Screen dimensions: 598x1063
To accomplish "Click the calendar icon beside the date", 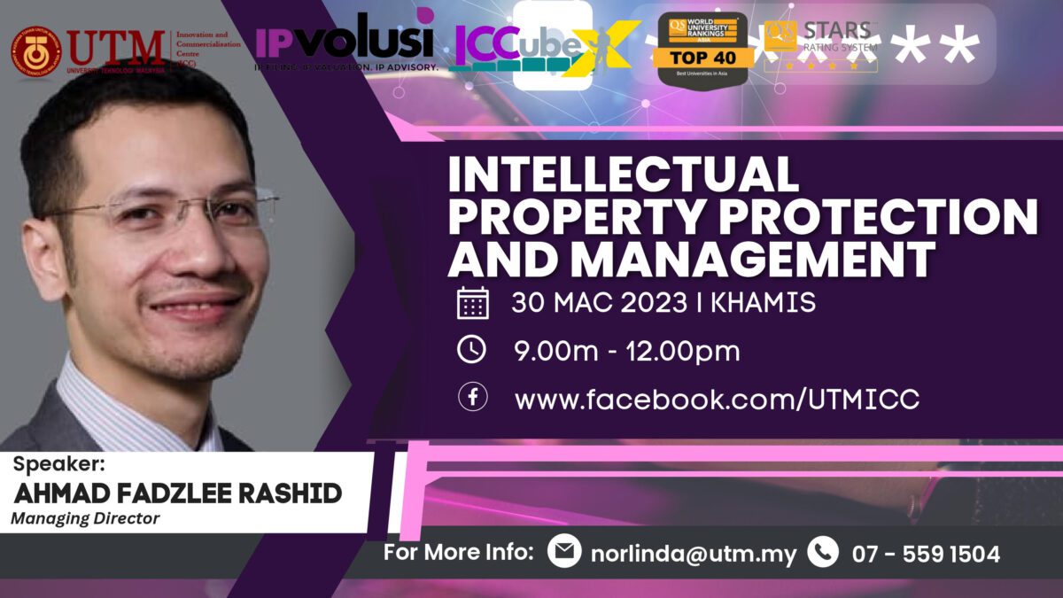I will pyautogui.click(x=472, y=305).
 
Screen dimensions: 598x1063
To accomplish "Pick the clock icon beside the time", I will pyautogui.click(x=472, y=350).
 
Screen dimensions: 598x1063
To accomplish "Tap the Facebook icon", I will pyautogui.click(x=472, y=397).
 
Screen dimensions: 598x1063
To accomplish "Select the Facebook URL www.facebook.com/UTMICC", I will pyautogui.click(x=717, y=399).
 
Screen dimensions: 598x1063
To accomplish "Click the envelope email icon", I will pyautogui.click(x=564, y=552).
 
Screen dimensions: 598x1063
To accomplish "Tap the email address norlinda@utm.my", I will pyautogui.click(x=694, y=555).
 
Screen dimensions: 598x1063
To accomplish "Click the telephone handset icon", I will pyautogui.click(x=823, y=552).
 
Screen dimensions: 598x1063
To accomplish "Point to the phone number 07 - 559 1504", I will pyautogui.click(x=926, y=555).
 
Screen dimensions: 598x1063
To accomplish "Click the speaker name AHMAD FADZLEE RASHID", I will pyautogui.click(x=178, y=493).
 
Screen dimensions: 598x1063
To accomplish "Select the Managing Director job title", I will pyautogui.click(x=85, y=519).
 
